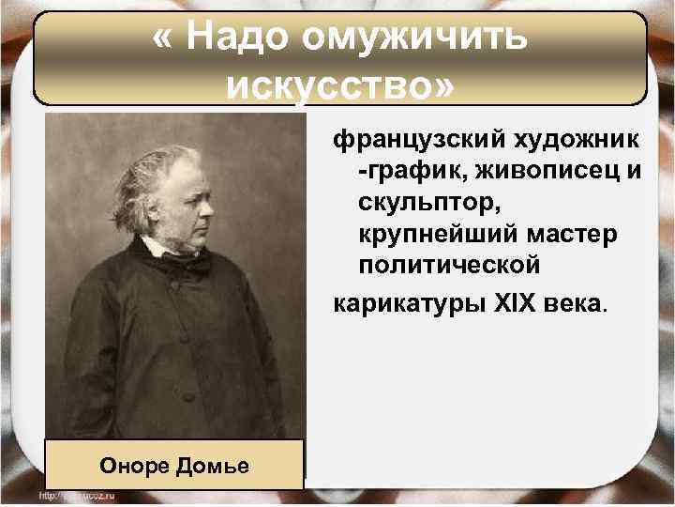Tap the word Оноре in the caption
coord(139,465)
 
